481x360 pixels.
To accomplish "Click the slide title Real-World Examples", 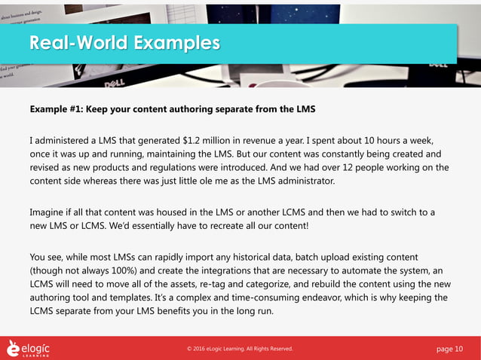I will tap(124, 43).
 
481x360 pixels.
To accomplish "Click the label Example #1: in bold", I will tap(57, 109).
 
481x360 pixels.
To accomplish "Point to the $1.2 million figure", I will tap(207, 140).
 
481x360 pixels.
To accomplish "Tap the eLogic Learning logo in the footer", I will tap(29, 348).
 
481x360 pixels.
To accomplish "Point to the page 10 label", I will tap(450, 349).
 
